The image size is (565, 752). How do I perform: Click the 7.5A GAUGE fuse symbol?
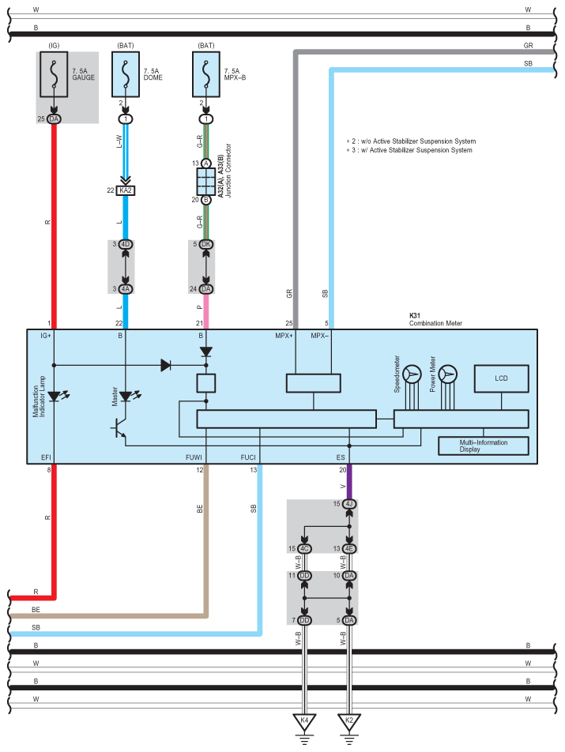(54, 74)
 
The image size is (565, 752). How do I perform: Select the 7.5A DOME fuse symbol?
(126, 74)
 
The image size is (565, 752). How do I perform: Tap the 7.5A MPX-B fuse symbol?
(206, 74)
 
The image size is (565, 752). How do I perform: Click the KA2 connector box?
(126, 190)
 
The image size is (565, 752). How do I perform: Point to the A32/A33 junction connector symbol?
(205, 182)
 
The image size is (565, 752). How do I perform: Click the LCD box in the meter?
(501, 378)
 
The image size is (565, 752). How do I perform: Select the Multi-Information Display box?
(484, 446)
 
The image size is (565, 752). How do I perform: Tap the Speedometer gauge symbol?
(412, 374)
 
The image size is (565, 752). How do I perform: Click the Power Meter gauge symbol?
(447, 374)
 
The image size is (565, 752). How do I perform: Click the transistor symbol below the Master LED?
(119, 428)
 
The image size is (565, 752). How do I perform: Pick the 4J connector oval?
(349, 504)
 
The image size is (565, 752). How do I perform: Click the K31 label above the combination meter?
(414, 316)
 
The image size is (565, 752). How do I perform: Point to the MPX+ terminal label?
(284, 336)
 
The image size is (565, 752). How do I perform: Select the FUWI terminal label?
(194, 457)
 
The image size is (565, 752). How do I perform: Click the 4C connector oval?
(304, 549)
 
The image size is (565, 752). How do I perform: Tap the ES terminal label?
(341, 457)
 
